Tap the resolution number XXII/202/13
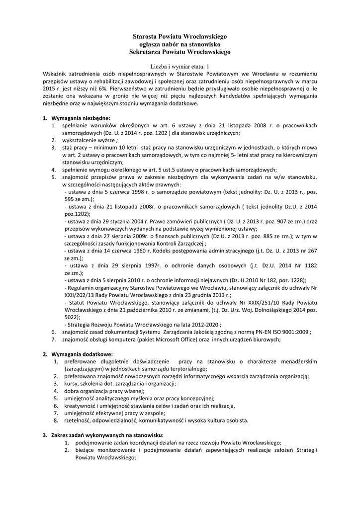[x=83, y=295]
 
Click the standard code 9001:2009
[x=293, y=332]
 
